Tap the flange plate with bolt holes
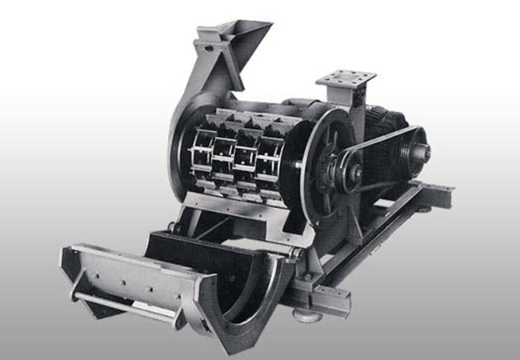[x=346, y=80]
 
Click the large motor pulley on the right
[x=413, y=150]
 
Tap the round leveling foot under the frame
[x=303, y=315]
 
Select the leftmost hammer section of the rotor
[x=202, y=156]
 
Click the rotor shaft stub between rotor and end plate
[x=297, y=166]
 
